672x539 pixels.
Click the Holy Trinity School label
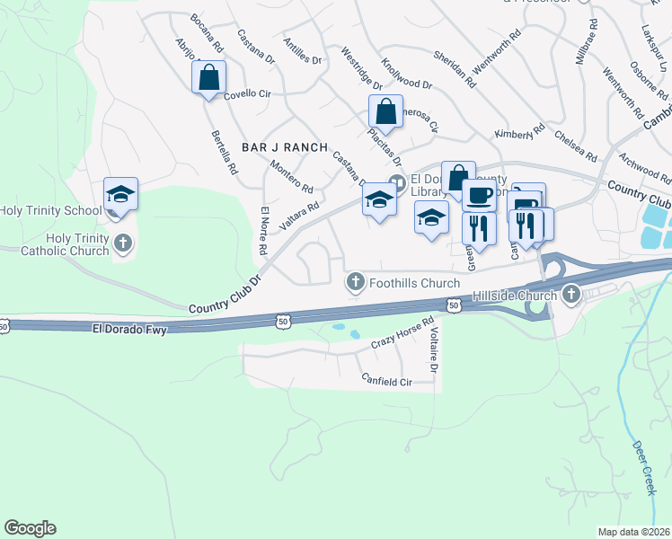[51, 211]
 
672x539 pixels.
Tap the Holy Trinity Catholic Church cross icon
[123, 243]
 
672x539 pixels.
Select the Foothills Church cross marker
[356, 283]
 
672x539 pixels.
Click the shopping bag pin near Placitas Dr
[385, 111]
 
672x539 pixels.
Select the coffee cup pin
[479, 194]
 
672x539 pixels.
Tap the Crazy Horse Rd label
[402, 333]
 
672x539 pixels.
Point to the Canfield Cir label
[385, 381]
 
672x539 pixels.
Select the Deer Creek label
[644, 467]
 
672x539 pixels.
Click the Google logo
[30, 528]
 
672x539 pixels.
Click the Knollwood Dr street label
[406, 75]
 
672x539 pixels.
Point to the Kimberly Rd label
[519, 132]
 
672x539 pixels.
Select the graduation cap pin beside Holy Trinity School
[120, 194]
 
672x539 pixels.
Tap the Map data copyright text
[633, 532]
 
